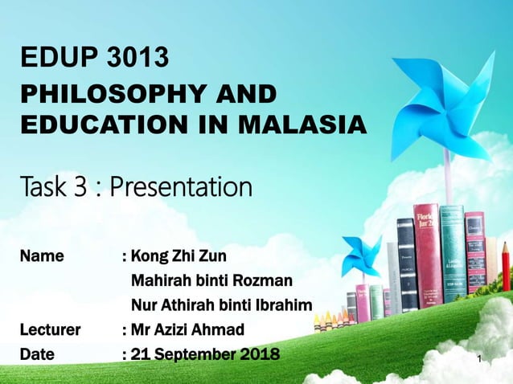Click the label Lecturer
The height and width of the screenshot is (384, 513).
tap(50, 329)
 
